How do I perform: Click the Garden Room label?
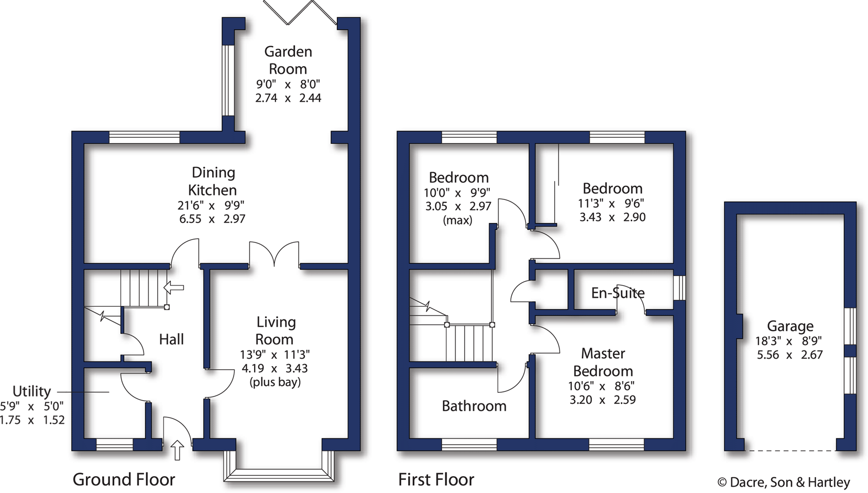(288, 60)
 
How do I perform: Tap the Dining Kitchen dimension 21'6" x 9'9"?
(211, 205)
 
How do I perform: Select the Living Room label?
(276, 330)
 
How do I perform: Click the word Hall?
(171, 339)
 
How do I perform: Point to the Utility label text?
(31, 391)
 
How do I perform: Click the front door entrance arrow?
(178, 450)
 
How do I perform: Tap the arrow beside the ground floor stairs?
(174, 287)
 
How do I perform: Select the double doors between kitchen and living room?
(274, 254)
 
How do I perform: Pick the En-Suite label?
(618, 293)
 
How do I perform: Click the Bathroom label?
(474, 406)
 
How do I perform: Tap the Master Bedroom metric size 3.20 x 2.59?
(602, 400)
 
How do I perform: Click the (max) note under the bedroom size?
(457, 220)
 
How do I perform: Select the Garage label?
(790, 326)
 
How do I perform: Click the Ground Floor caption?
(124, 479)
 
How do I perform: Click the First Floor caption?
(436, 479)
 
